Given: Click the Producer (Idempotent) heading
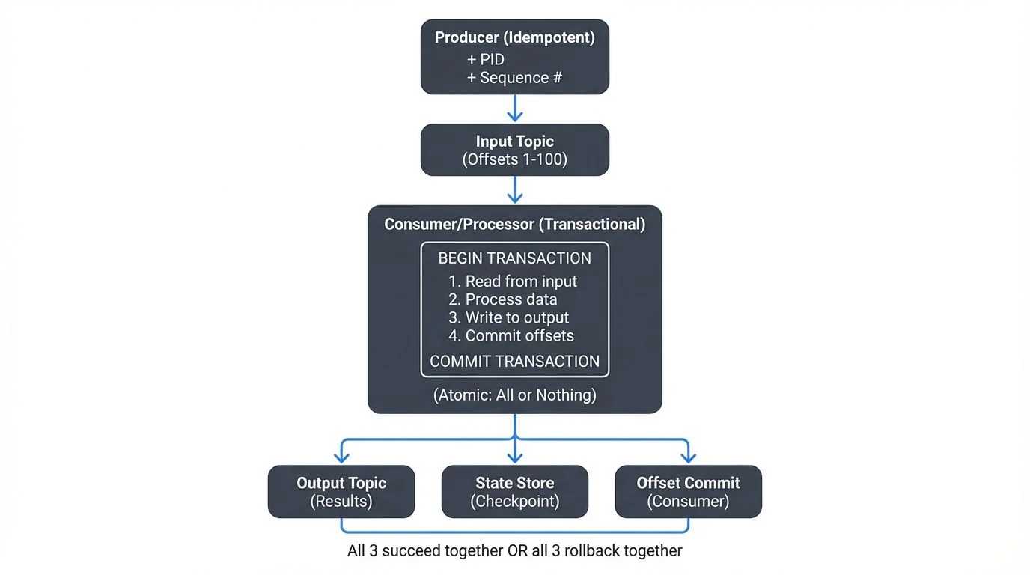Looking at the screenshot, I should (x=514, y=37).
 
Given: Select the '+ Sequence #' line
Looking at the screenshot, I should (x=514, y=77).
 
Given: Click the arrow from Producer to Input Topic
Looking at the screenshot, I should (x=514, y=109).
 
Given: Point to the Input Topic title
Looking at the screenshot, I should (x=514, y=141).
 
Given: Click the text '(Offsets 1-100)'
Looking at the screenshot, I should (x=514, y=159).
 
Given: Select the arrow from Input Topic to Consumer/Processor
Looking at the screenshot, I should (x=514, y=190).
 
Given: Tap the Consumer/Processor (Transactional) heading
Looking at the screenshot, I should (x=514, y=224).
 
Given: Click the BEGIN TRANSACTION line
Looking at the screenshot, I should (x=514, y=258).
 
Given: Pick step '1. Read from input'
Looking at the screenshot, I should (x=514, y=282).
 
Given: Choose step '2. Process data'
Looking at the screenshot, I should (x=503, y=299).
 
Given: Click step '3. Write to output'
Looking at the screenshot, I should (x=509, y=317).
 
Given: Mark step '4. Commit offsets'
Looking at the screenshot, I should (x=511, y=335).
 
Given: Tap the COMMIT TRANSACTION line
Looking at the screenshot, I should (x=514, y=361).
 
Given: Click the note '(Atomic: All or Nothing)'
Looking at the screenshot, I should (x=514, y=395).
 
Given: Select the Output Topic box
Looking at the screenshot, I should (x=341, y=492).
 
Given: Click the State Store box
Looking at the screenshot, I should (x=514, y=492).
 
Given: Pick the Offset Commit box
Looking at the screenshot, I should (x=688, y=492).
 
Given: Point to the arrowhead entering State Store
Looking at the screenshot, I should (x=514, y=457).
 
